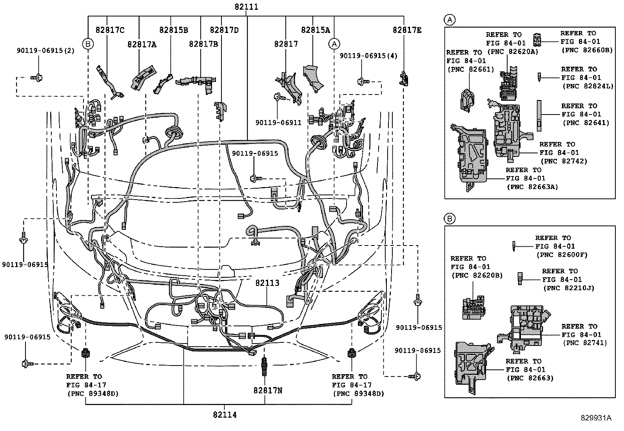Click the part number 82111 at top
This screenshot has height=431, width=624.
point(247,7)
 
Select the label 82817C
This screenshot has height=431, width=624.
point(110,30)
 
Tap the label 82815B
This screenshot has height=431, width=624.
point(173,30)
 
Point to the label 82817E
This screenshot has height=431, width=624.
point(407,30)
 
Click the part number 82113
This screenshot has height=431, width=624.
point(267,283)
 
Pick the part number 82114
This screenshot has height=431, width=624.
point(225,415)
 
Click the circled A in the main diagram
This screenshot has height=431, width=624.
point(334,44)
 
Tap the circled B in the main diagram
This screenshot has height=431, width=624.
point(88,44)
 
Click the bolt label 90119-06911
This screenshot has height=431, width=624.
point(278,122)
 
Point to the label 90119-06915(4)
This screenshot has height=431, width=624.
point(368,56)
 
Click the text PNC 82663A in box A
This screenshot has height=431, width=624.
point(532,187)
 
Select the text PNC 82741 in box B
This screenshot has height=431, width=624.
point(585,343)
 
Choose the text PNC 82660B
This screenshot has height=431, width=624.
point(587,50)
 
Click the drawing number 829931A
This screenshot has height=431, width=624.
point(596,418)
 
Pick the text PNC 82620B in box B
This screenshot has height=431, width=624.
point(477,276)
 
